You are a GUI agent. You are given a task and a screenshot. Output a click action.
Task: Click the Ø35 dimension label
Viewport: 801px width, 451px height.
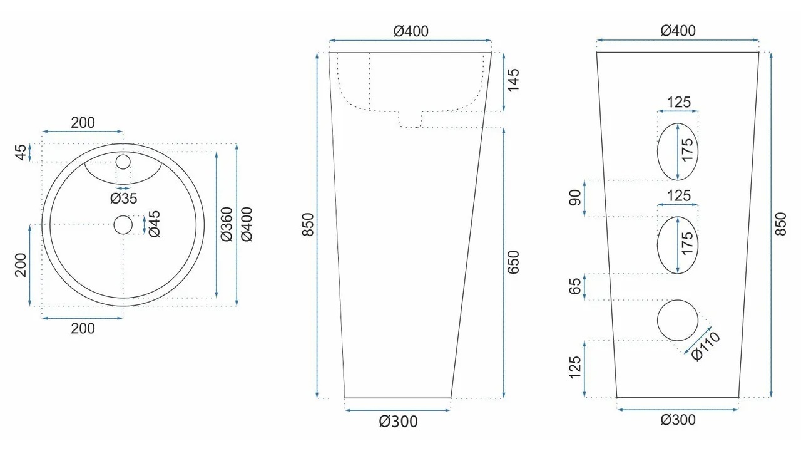point(124,199)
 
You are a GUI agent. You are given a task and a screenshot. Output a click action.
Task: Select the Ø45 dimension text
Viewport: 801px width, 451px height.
point(155,224)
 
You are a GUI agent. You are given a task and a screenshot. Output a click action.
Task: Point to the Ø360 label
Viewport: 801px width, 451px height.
point(227,224)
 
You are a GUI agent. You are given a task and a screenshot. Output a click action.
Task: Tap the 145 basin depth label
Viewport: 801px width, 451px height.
point(513,81)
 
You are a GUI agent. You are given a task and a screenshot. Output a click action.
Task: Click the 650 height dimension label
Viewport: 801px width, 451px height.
point(513,262)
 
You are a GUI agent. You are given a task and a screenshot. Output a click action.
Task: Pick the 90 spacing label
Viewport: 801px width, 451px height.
point(575,198)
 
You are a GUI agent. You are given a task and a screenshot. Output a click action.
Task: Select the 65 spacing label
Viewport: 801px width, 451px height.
point(575,286)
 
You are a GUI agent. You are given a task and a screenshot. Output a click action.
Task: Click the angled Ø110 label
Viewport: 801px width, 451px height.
point(705,346)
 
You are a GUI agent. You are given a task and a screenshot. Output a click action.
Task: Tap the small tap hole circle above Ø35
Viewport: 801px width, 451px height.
point(123,162)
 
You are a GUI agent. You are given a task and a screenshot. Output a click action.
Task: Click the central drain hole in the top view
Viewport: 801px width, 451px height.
point(123,225)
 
